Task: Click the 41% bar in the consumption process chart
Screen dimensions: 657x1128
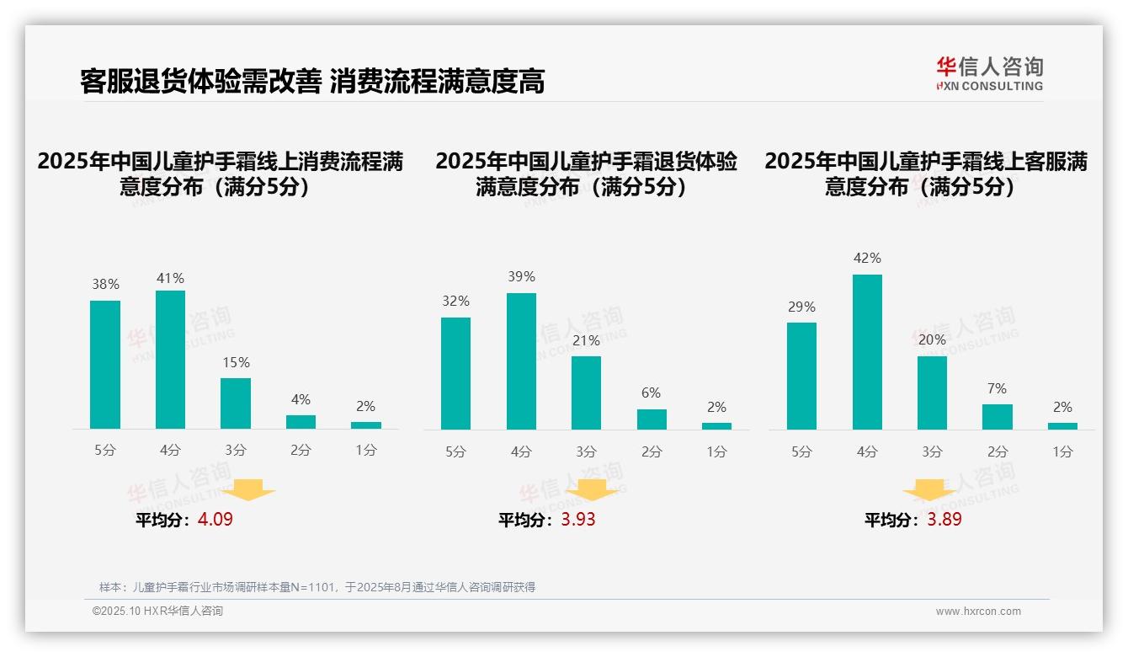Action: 171,360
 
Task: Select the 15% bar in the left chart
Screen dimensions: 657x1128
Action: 236,403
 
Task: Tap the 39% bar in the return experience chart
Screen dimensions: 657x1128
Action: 521,361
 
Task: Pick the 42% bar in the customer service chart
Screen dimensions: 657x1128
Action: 867,352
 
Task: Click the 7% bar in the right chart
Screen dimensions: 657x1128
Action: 998,417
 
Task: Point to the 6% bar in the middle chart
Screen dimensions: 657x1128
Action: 652,419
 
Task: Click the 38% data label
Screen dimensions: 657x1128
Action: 105,285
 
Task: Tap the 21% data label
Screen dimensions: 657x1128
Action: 586,340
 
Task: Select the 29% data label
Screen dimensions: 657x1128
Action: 801,307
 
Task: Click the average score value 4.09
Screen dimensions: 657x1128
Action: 215,520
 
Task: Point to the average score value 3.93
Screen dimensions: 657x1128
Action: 578,520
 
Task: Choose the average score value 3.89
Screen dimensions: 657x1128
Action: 944,520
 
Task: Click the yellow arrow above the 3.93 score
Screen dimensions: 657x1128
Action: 592,489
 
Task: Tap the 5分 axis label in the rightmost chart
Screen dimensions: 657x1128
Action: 801,452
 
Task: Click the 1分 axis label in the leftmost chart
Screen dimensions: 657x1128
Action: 366,451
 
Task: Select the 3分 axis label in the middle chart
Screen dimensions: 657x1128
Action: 586,452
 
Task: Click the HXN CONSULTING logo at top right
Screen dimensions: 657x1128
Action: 989,74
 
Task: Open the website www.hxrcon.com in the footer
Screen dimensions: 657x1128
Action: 978,612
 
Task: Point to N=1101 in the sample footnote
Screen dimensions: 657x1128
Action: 315,587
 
